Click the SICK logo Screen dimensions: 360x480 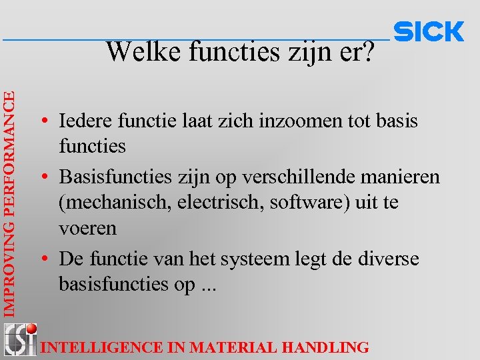tap(429, 31)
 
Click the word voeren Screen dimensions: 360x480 tap(87, 228)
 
